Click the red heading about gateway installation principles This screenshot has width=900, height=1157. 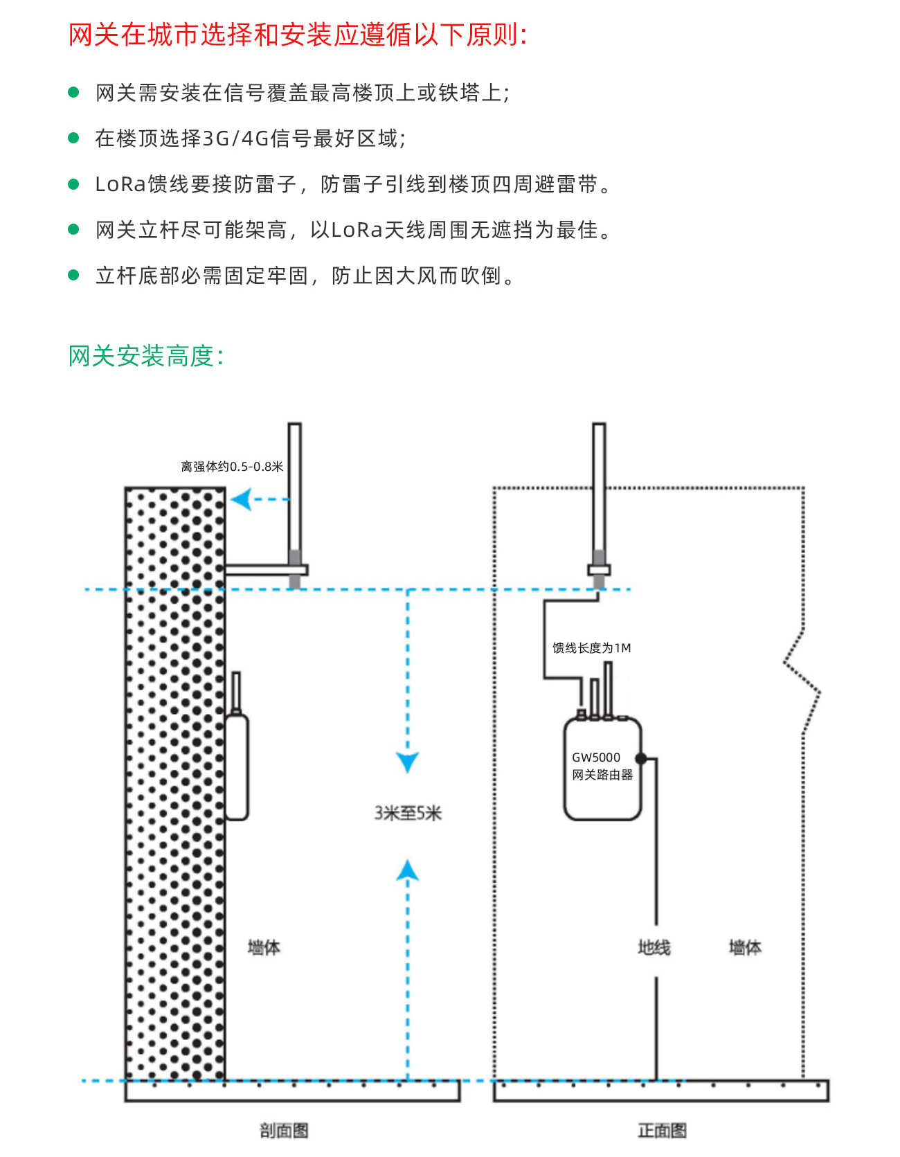click(x=298, y=35)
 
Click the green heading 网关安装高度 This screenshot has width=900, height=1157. click(x=146, y=356)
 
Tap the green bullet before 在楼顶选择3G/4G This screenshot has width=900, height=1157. click(x=74, y=138)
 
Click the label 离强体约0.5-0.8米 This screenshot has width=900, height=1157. click(x=232, y=467)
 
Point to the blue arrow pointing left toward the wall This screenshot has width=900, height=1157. click(x=242, y=499)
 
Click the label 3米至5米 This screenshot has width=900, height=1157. click(x=408, y=813)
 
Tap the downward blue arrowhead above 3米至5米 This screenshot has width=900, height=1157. click(x=407, y=762)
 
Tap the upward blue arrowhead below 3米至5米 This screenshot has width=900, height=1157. click(x=407, y=870)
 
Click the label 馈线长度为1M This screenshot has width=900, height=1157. click(x=591, y=648)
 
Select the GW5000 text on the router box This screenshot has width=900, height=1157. click(x=595, y=757)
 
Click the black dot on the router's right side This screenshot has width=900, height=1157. click(x=641, y=758)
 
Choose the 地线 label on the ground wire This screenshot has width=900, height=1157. click(x=654, y=947)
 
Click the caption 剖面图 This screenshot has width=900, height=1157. click(x=284, y=1131)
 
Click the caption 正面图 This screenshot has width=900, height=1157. click(x=662, y=1131)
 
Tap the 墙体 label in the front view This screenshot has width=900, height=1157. click(x=745, y=947)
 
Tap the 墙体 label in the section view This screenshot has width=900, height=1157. click(x=264, y=947)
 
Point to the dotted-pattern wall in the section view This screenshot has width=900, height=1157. click(x=175, y=782)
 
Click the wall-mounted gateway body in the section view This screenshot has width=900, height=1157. click(x=237, y=767)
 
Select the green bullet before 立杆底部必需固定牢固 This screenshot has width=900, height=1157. click(x=74, y=275)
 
